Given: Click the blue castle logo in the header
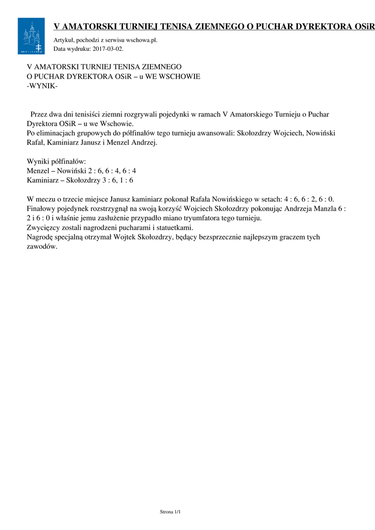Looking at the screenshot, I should [31, 36].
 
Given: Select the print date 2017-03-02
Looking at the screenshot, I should [108, 49].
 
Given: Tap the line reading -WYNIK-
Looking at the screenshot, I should [42, 86].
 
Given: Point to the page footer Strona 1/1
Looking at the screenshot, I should [170, 512].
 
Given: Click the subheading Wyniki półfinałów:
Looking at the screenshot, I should [56, 161].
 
